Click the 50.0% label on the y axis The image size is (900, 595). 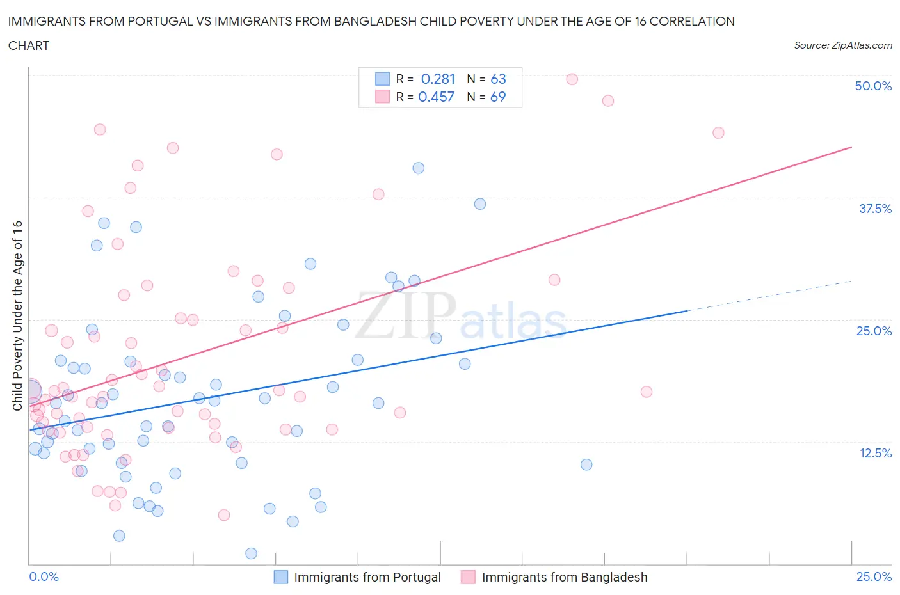click(x=872, y=86)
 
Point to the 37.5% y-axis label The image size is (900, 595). click(x=874, y=209)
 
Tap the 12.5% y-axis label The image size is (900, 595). click(x=874, y=453)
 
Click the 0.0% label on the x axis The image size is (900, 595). click(x=44, y=576)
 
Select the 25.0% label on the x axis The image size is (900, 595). click(x=873, y=576)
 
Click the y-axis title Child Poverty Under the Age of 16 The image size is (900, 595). click(x=17, y=315)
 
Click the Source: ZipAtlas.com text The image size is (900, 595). click(x=842, y=45)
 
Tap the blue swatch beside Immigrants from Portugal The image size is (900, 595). click(x=281, y=577)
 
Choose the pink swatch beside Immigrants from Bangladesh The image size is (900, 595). click(x=468, y=577)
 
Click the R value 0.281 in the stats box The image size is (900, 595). click(x=438, y=79)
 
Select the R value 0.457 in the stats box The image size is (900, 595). click(x=436, y=97)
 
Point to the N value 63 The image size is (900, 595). click(x=498, y=79)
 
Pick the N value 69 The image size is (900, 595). click(x=498, y=97)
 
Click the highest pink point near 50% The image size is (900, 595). click(x=572, y=79)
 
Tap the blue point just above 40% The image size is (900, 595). click(x=418, y=168)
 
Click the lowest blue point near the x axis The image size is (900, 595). click(x=251, y=553)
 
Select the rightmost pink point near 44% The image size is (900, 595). click(x=718, y=133)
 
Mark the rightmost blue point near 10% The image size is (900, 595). click(x=586, y=464)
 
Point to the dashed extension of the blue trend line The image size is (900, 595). click(x=768, y=295)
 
